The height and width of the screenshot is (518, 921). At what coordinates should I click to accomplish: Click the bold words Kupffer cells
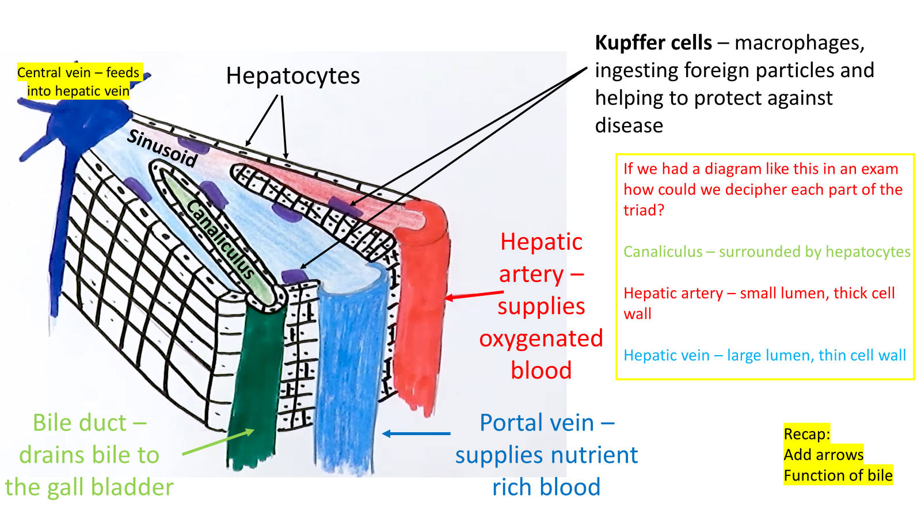[653, 43]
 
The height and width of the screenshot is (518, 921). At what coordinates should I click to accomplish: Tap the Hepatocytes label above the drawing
[293, 76]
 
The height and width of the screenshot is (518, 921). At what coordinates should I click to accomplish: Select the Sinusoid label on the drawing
[162, 148]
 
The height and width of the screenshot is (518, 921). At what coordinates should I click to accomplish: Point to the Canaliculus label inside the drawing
[221, 239]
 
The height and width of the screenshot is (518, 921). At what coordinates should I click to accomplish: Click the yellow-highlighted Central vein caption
[78, 81]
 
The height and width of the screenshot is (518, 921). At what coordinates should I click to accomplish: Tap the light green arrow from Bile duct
[218, 442]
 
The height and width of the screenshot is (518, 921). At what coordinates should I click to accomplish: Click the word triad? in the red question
[644, 210]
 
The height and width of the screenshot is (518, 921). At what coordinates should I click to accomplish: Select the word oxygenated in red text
[541, 338]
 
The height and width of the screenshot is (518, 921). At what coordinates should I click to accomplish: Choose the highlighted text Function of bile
[838, 475]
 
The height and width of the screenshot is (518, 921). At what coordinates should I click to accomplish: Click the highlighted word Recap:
[806, 434]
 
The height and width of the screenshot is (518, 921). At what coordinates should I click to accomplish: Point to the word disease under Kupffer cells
[629, 125]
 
